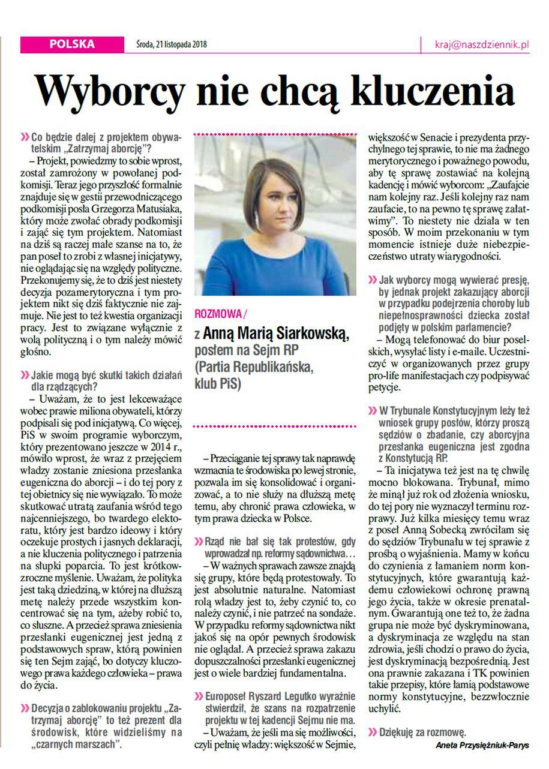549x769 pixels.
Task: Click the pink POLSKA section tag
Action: [x=71, y=44]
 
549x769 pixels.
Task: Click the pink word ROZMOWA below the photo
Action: [x=218, y=314]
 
